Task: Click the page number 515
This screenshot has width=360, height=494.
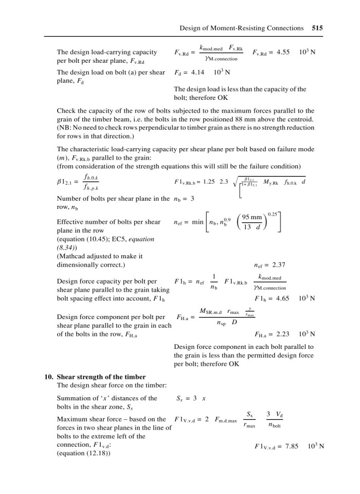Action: click(x=317, y=28)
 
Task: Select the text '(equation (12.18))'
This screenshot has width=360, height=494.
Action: click(x=83, y=454)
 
